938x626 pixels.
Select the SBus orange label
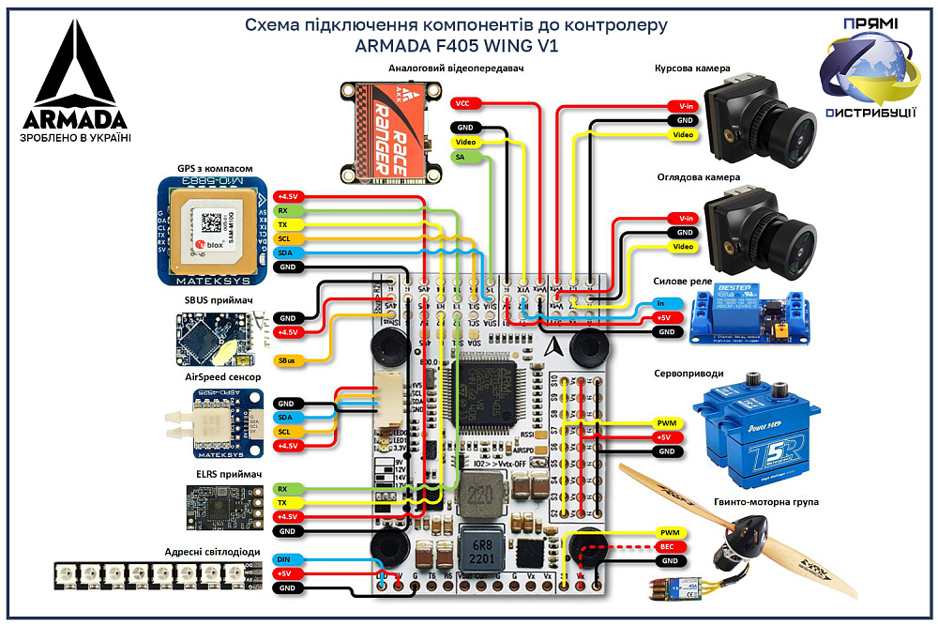coord(286,359)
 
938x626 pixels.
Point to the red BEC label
coord(667,546)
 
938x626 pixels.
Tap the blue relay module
coord(749,312)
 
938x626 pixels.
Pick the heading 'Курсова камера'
coord(692,69)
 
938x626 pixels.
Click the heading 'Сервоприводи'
coord(688,373)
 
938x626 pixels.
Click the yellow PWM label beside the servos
coord(667,423)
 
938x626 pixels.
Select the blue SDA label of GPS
coord(286,253)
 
